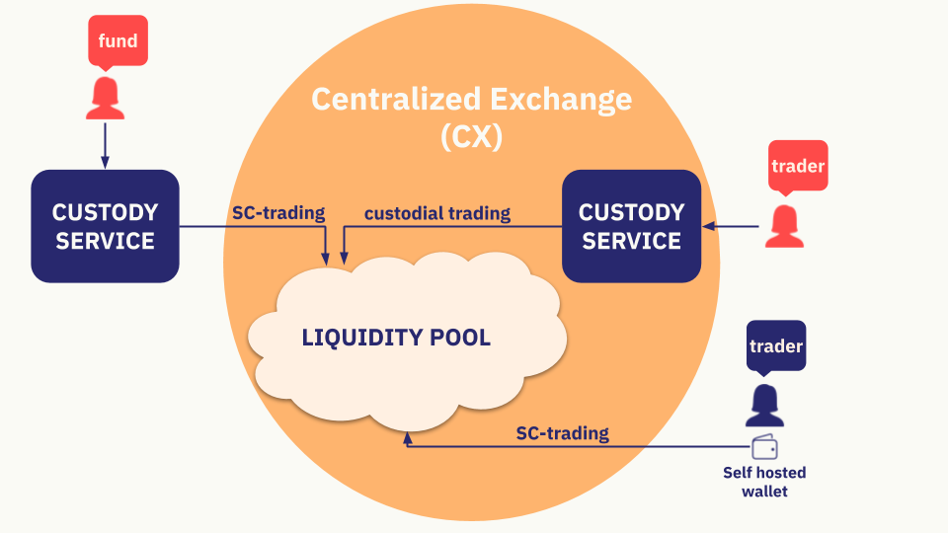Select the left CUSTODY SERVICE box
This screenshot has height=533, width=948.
click(x=105, y=226)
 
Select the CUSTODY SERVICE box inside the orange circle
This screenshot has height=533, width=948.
click(x=631, y=226)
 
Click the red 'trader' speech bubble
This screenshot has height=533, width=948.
click(x=797, y=166)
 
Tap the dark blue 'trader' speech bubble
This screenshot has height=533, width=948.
click(x=776, y=346)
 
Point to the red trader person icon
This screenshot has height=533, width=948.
click(x=783, y=226)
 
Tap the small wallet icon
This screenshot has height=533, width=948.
click(x=764, y=447)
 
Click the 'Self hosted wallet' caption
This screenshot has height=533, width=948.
click(x=764, y=482)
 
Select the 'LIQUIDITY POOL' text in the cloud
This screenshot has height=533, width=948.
click(x=396, y=338)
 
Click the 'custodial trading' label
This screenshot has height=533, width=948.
click(x=437, y=213)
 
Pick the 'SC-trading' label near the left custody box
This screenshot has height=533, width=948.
click(x=278, y=213)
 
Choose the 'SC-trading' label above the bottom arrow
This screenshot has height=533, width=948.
click(x=562, y=433)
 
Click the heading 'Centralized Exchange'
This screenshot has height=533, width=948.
click(x=471, y=100)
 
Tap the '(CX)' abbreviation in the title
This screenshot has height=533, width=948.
click(x=471, y=137)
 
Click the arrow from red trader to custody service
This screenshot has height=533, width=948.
click(x=733, y=227)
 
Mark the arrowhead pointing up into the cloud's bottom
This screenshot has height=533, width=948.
click(x=406, y=438)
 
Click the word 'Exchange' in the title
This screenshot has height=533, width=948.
click(x=560, y=100)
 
